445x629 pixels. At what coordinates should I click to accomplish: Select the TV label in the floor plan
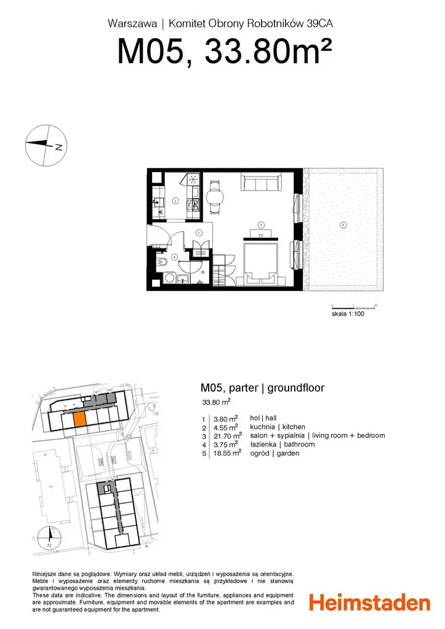(260, 235)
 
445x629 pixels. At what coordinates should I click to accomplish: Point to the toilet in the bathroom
(162, 263)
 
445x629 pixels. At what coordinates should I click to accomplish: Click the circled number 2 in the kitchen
(175, 200)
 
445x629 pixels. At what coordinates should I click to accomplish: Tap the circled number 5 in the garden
(343, 225)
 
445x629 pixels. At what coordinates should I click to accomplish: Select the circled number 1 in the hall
(198, 232)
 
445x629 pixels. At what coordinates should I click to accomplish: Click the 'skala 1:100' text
(348, 314)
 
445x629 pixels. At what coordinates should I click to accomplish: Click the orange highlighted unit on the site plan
(79, 419)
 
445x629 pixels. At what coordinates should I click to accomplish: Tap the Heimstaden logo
(369, 603)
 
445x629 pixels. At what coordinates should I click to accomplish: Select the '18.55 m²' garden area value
(227, 453)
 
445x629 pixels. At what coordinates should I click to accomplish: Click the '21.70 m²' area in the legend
(228, 436)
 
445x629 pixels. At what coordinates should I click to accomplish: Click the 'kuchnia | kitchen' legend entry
(277, 427)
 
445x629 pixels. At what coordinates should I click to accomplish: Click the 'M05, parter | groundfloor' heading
(262, 388)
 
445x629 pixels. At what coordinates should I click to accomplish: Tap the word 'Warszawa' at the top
(132, 23)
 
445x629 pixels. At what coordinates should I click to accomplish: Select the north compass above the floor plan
(46, 145)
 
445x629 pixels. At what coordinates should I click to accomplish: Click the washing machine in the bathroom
(169, 279)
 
